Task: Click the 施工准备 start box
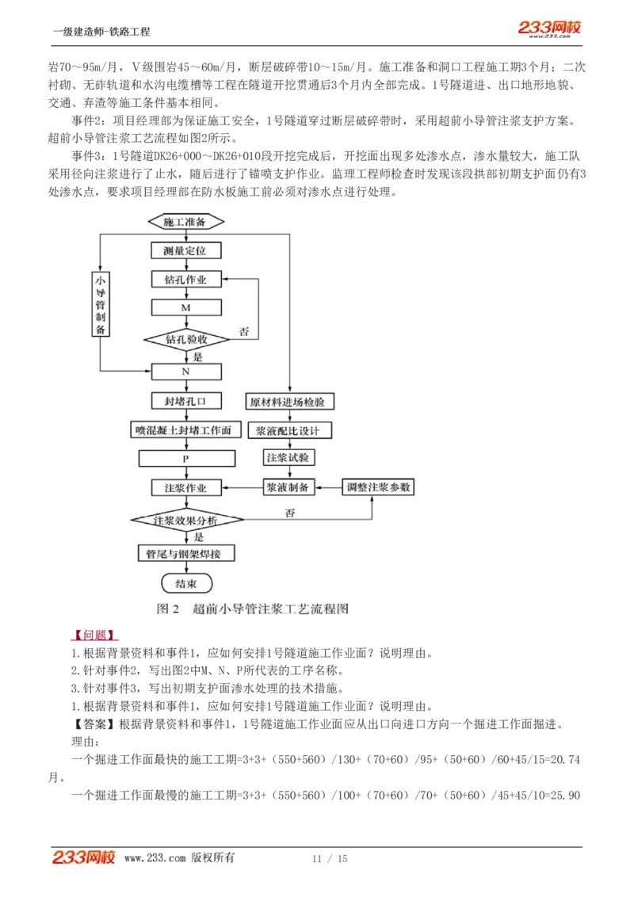click(185, 222)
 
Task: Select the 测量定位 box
click(185, 250)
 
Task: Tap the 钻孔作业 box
click(185, 279)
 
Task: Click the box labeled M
click(185, 307)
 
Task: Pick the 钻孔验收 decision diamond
click(186, 339)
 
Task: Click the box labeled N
click(185, 371)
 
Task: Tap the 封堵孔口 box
click(185, 402)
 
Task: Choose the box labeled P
click(185, 459)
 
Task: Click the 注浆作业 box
click(185, 487)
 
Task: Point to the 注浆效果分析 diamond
click(185, 520)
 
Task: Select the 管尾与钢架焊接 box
click(185, 553)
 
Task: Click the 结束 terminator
click(185, 584)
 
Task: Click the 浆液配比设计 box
click(289, 430)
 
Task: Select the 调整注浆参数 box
click(378, 487)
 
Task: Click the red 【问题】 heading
click(95, 636)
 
